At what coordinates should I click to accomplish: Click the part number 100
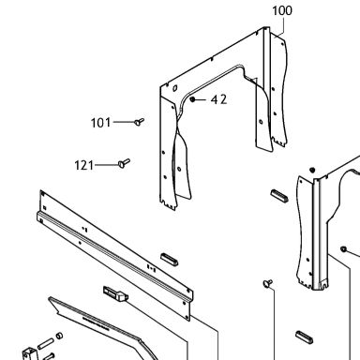pos(282,10)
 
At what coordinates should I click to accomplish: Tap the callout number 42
pos(218,99)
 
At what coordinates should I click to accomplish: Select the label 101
pos(100,123)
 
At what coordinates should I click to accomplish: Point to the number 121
pos(84,165)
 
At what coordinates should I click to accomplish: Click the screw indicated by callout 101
pos(140,122)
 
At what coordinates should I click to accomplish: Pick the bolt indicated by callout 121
pos(124,163)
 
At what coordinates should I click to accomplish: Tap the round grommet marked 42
pos(192,99)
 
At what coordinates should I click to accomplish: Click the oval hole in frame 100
pos(174,88)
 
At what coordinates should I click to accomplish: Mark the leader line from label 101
pos(124,122)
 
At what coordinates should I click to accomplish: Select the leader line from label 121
pos(107,165)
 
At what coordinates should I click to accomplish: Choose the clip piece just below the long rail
pos(115,293)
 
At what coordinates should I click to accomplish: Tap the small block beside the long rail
pos(170,260)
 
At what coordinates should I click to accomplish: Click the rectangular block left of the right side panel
pos(279,196)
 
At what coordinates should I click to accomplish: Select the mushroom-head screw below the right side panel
pos(268,283)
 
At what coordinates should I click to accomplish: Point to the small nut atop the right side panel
pos(312,170)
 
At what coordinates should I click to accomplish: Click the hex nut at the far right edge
pos(343,249)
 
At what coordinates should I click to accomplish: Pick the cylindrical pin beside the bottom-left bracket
pos(45,344)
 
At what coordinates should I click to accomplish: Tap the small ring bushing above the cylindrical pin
pos(59,336)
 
